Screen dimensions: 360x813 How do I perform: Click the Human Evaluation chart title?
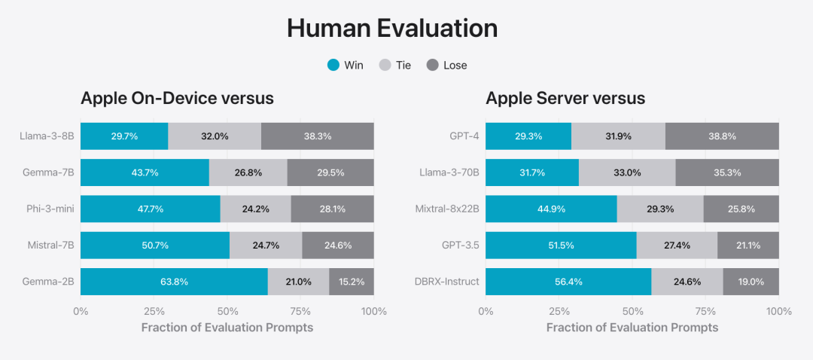tap(392, 29)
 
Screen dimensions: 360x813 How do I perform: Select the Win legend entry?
tap(346, 66)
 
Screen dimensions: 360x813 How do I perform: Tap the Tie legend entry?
tap(396, 66)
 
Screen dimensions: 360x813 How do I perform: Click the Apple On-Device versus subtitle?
tap(177, 99)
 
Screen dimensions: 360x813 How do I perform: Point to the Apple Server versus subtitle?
tap(565, 99)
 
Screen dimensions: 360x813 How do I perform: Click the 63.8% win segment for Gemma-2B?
tap(174, 282)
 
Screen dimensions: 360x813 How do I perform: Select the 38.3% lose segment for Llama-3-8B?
tap(318, 136)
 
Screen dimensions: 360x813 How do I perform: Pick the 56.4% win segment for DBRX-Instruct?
tap(568, 282)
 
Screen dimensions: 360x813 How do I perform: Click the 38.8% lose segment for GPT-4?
tap(722, 136)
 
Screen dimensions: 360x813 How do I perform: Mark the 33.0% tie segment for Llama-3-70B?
tap(627, 172)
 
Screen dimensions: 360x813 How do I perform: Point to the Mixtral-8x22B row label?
tap(447, 209)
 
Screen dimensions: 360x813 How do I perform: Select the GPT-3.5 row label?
tap(459, 246)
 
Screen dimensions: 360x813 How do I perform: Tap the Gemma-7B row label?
tap(47, 172)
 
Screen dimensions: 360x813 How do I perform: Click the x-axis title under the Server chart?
tap(632, 328)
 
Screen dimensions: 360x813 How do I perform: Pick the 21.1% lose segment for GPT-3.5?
tap(748, 246)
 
